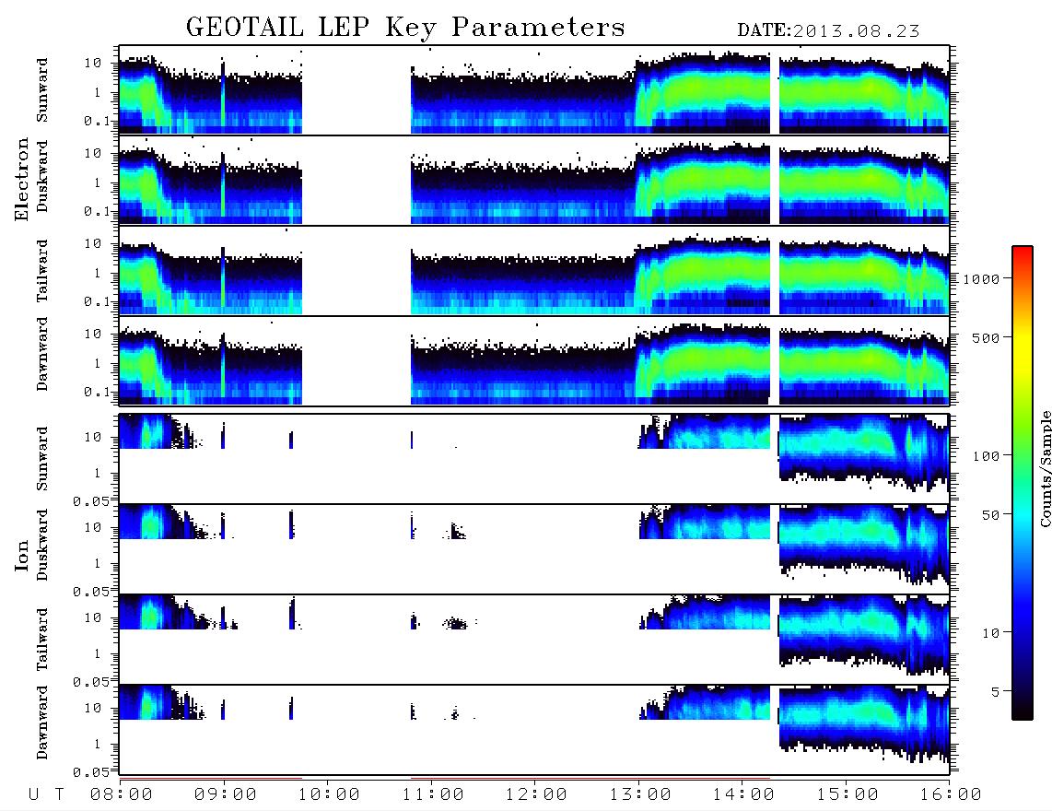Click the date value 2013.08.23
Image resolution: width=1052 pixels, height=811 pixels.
tap(856, 31)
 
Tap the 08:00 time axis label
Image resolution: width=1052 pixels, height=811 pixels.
tap(122, 794)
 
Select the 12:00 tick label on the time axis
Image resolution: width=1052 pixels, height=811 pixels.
tap(536, 794)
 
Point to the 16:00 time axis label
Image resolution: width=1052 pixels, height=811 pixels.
tap(950, 794)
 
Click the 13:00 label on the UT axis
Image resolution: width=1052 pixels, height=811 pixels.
tap(640, 794)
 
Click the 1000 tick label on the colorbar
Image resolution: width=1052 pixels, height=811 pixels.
tap(981, 278)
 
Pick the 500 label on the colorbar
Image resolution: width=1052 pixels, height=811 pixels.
tap(987, 337)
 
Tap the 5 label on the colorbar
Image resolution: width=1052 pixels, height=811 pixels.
tap(996, 691)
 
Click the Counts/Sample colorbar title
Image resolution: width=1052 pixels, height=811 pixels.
tap(1045, 468)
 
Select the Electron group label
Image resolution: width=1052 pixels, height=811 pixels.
tap(21, 179)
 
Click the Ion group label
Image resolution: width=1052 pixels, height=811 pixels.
tap(21, 555)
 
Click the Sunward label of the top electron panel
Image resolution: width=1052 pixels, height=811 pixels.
tap(42, 90)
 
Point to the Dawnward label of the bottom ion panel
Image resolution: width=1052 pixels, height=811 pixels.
tap(42, 723)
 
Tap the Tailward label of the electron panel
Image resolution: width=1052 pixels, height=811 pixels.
tap(42, 271)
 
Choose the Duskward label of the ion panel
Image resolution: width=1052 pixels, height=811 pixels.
tap(42, 545)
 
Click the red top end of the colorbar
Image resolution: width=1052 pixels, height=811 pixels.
tap(1023, 250)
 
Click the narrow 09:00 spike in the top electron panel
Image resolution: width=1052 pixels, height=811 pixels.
tap(223, 95)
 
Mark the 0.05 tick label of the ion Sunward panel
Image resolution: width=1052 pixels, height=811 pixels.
tap(90, 501)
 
